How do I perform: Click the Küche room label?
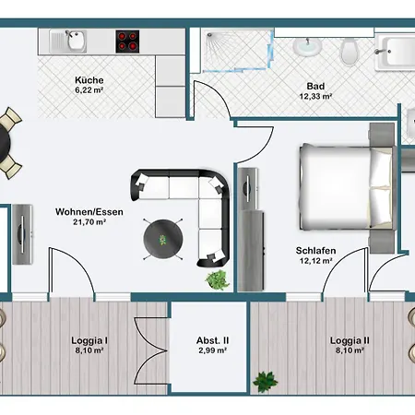click(x=89, y=80)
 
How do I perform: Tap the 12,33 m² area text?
click(x=315, y=96)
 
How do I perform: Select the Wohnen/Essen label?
click(x=89, y=212)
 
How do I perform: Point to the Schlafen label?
click(x=315, y=251)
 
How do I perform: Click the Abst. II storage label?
click(x=213, y=340)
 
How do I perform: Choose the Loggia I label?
click(x=89, y=340)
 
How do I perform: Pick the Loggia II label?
click(x=350, y=340)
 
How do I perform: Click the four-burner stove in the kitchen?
click(x=127, y=41)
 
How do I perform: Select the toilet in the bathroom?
click(x=350, y=52)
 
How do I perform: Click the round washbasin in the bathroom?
click(x=307, y=46)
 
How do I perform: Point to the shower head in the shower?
click(x=209, y=35)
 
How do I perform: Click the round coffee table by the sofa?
click(x=163, y=239)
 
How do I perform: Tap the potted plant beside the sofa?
click(x=218, y=279)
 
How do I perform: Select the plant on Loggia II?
click(x=265, y=381)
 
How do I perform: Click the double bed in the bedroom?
click(x=348, y=187)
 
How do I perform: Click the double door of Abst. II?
click(x=151, y=350)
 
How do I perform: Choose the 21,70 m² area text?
click(x=89, y=221)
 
